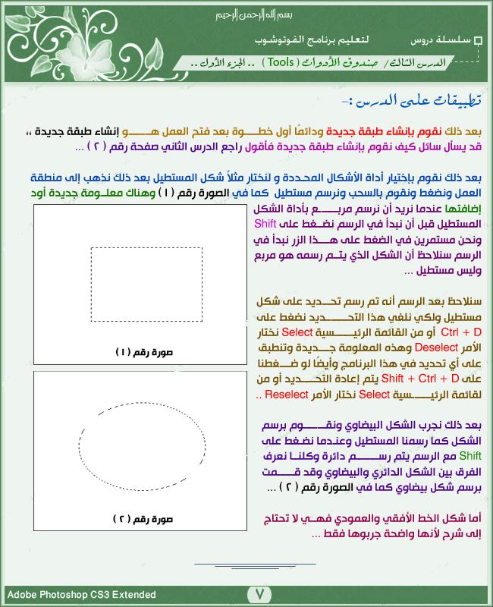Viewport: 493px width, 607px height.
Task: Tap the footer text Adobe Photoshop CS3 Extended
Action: [82, 595]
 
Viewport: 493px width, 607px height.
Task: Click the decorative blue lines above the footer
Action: [255, 565]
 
